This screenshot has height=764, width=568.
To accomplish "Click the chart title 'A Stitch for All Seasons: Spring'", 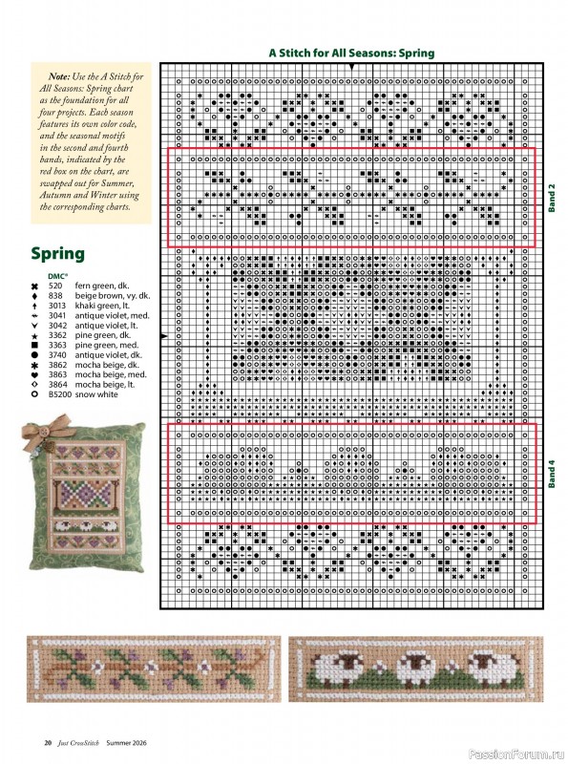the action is coord(351,53).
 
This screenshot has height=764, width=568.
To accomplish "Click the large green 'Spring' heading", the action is coord(57,254).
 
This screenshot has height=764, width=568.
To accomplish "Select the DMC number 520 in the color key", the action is coord(54,286).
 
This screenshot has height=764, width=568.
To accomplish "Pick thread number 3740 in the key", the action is coord(56,354).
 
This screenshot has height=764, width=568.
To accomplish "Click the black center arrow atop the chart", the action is coord(352,67).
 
